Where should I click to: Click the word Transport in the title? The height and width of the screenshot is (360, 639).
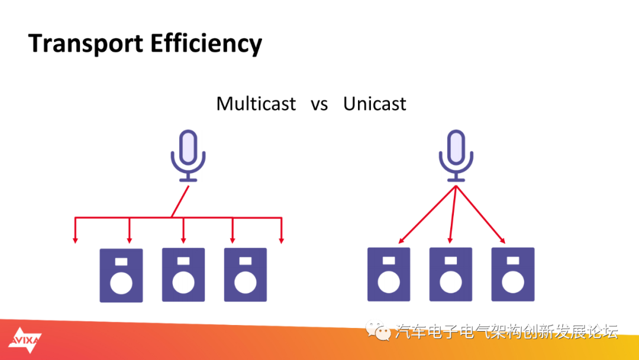pos(86,44)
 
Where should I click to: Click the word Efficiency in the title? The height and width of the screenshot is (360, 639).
pos(206,44)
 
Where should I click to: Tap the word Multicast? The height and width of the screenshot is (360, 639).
pos(256,104)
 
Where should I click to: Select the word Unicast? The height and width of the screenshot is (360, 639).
pos(375,104)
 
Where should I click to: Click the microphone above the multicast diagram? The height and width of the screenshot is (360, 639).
pos(188,156)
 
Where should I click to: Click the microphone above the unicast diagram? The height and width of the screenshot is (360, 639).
pos(456,156)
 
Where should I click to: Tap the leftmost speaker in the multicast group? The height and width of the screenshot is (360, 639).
pos(121,275)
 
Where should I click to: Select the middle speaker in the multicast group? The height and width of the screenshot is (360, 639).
pos(183,275)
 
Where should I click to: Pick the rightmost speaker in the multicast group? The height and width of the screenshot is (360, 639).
pos(246,275)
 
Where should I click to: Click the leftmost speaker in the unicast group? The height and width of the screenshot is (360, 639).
pos(389,274)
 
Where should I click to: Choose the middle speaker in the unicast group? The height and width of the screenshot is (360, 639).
pos(451,274)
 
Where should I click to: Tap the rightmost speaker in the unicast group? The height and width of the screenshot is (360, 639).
pos(512,274)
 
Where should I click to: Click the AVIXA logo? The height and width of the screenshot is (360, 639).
pos(25,340)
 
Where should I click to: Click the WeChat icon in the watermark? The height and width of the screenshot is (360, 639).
pos(377,330)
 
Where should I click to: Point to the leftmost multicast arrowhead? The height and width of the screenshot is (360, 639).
pos(75,240)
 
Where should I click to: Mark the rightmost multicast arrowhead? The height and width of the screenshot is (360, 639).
pos(281,240)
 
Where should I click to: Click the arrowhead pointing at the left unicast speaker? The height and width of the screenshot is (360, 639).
pos(401,241)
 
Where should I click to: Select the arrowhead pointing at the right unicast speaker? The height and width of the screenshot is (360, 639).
pos(503,241)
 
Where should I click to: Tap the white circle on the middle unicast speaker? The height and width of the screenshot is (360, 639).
pos(451,282)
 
